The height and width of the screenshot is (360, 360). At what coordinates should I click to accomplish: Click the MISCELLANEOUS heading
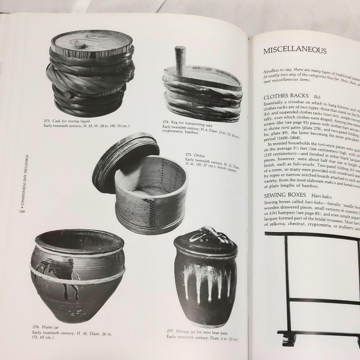[295, 51]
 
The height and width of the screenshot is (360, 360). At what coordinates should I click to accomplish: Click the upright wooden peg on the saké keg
[180, 60]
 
